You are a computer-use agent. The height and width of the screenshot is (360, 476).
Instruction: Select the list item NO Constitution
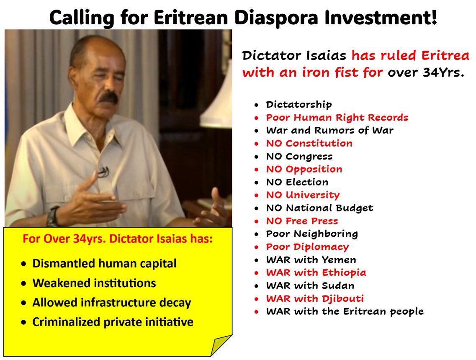click(309, 144)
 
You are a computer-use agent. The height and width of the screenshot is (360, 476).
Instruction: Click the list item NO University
click(303, 195)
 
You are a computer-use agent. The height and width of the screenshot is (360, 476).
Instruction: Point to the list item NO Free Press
click(302, 221)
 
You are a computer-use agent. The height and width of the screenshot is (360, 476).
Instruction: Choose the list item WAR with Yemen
click(311, 260)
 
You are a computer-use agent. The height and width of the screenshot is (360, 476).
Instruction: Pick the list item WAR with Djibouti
click(315, 298)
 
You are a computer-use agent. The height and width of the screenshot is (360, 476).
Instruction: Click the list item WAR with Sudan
click(310, 286)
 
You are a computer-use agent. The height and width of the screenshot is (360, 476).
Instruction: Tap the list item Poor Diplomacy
click(307, 247)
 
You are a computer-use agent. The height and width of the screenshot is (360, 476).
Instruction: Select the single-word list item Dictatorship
click(299, 105)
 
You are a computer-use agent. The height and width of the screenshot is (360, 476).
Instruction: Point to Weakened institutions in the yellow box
click(94, 283)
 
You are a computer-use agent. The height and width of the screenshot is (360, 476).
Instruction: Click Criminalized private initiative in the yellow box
click(113, 322)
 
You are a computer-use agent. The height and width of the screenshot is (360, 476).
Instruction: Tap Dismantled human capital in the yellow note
click(105, 264)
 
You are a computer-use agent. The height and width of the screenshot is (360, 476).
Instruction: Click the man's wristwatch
click(54, 216)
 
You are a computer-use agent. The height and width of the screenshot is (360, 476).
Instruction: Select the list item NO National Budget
click(319, 208)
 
